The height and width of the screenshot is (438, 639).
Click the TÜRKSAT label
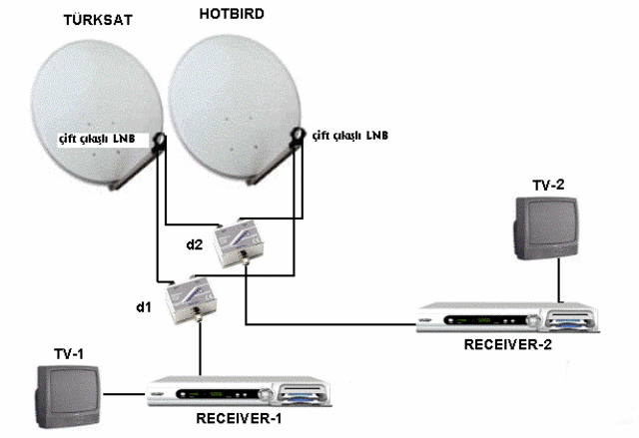pos(98,20)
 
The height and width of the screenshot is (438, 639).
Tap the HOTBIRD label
pos(232,14)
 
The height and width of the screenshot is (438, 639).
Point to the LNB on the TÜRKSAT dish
pos(159,142)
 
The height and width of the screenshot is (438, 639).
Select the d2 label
pos(195,244)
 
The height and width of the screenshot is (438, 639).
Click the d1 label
pos(144,307)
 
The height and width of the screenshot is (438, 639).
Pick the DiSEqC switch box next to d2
pos(239,243)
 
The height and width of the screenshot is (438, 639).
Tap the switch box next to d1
pos(191,299)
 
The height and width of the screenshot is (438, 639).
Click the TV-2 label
pos(548,186)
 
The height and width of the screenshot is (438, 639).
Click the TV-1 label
pos(69,354)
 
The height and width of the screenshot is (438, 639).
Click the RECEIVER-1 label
pos(239,418)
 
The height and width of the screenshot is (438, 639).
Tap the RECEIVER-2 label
pos(508,345)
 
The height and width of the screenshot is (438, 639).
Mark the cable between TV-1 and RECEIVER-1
pos(124,394)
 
